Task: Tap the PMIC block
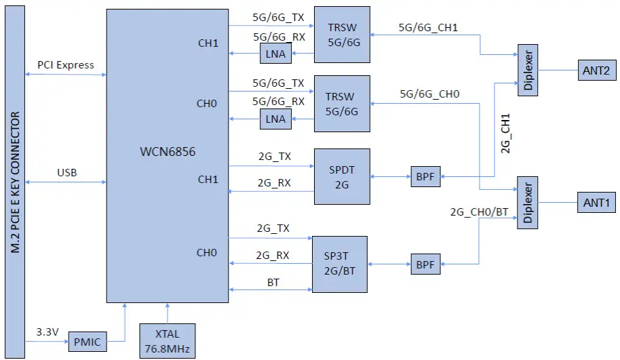click(x=87, y=342)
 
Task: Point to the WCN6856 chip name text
click(x=167, y=152)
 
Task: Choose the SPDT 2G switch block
click(x=342, y=176)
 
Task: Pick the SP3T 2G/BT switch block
click(x=339, y=264)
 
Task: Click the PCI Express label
click(x=66, y=65)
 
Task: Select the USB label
click(x=66, y=172)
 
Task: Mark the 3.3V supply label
click(x=47, y=332)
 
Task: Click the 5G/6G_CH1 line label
click(x=428, y=28)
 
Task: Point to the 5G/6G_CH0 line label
click(x=429, y=94)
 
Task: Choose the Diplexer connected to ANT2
click(x=528, y=69)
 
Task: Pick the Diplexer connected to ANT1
click(x=528, y=202)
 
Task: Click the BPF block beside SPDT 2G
click(x=425, y=177)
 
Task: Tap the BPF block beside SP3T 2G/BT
click(x=425, y=264)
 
